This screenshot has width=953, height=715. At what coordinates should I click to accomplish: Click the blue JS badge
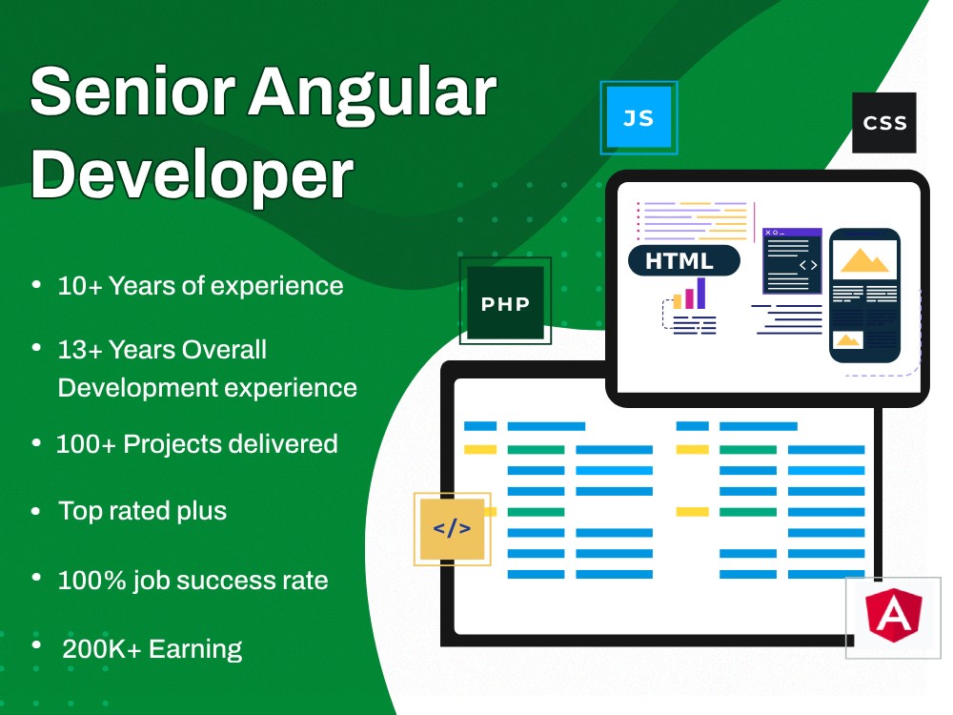pyautogui.click(x=639, y=118)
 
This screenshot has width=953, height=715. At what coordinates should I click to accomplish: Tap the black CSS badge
pyautogui.click(x=884, y=123)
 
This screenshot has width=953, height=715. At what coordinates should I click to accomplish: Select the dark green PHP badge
pyautogui.click(x=505, y=303)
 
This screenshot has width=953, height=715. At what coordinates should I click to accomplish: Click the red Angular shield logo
pyautogui.click(x=894, y=617)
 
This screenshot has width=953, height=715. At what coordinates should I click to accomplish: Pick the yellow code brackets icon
pyautogui.click(x=452, y=528)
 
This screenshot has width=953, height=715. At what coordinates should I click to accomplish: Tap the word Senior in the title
pyautogui.click(x=133, y=93)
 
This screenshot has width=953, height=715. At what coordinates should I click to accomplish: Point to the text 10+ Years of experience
pyautogui.click(x=200, y=285)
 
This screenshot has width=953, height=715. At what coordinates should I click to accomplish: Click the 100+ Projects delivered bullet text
pyautogui.click(x=197, y=443)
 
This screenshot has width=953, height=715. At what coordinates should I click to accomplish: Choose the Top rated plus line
pyautogui.click(x=143, y=510)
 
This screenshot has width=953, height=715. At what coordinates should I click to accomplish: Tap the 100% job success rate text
pyautogui.click(x=193, y=580)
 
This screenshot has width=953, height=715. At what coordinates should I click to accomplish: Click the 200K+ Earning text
pyautogui.click(x=152, y=649)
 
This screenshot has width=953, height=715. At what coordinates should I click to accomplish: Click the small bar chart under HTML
pyautogui.click(x=690, y=295)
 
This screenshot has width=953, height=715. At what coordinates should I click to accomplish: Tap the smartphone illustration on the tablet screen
pyautogui.click(x=864, y=295)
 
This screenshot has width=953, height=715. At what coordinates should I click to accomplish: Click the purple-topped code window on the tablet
pyautogui.click(x=792, y=260)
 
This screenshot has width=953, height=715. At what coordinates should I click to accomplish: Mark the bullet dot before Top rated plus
pyautogui.click(x=36, y=511)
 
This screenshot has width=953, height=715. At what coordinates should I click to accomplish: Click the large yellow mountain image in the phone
pyautogui.click(x=864, y=259)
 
